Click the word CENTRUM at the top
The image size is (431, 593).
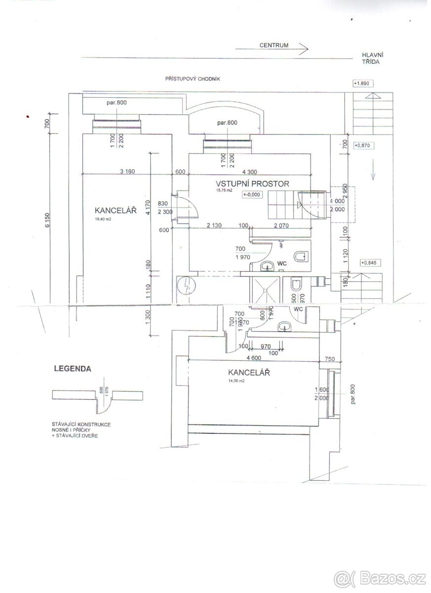(274, 45)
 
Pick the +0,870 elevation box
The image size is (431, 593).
(362, 145)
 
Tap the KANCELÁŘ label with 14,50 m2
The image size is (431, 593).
(249, 372)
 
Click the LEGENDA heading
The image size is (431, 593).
(72, 368)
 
